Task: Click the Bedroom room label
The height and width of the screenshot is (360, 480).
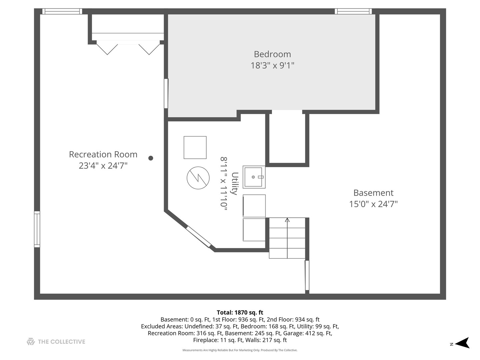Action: (272, 54)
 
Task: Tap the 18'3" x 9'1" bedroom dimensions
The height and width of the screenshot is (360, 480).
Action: (272, 65)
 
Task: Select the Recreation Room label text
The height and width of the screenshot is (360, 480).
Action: (103, 154)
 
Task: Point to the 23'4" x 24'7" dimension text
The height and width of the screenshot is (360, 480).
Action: (103, 165)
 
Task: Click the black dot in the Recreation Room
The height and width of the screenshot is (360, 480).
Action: (151, 158)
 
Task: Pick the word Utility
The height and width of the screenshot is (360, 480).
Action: (235, 183)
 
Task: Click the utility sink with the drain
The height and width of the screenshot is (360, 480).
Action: (254, 177)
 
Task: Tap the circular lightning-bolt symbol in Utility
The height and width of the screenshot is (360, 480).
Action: (198, 178)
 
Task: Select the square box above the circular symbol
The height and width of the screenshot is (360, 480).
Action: (195, 148)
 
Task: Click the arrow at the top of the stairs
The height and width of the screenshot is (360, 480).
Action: (287, 220)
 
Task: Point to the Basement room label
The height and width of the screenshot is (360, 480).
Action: (373, 193)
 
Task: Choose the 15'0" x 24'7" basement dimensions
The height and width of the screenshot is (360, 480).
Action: (373, 204)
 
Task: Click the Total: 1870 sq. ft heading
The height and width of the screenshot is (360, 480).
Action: (240, 312)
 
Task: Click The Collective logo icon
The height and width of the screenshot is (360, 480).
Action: (31, 342)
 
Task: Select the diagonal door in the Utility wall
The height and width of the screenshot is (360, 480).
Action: (198, 237)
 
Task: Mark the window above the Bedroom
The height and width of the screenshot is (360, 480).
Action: (353, 11)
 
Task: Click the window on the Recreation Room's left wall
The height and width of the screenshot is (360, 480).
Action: (37, 229)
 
